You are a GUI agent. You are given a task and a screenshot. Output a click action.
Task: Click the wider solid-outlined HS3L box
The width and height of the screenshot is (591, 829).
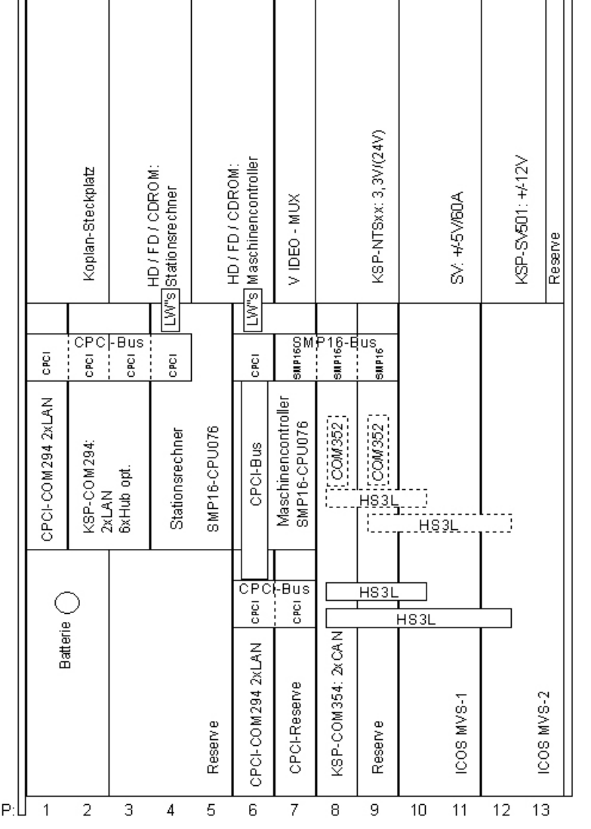pyautogui.click(x=418, y=618)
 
